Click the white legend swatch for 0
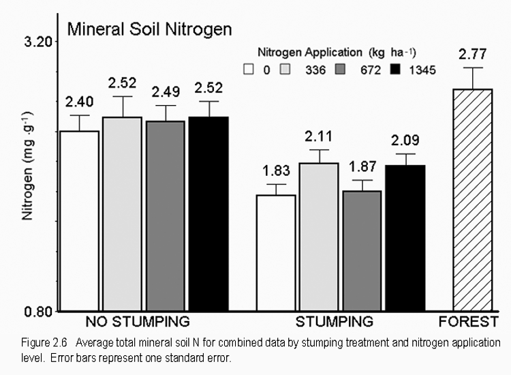point(249,69)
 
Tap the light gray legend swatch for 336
point(288,69)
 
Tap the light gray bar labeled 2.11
point(319,237)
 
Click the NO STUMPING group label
point(137,321)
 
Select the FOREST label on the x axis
point(464,321)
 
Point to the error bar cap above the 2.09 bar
point(405,154)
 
